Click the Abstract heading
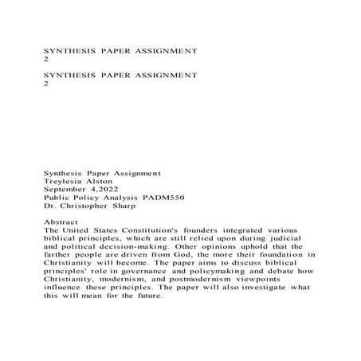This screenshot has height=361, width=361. click(65, 230)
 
